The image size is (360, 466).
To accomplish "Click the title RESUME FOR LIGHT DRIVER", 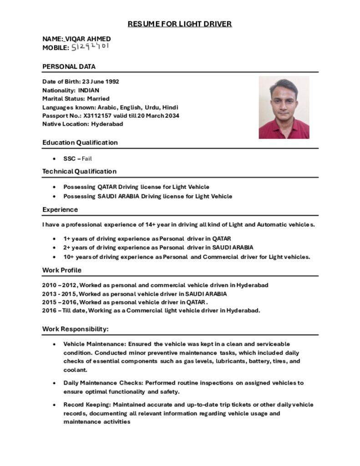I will pos(179,24).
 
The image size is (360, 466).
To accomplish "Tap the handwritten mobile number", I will pos(90,47).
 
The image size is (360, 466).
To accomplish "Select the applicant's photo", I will pos(284,107).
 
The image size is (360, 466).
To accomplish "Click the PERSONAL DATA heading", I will pos(69,66).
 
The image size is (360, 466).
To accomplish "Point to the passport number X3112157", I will pos(97,116).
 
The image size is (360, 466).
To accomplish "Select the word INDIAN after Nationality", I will pos(88,90).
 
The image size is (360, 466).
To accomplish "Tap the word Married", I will pos(98,98).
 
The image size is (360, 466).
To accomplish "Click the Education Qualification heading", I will pos(80,142).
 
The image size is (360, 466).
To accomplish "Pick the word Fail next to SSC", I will pos(86,159).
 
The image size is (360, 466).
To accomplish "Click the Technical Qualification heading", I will pos(79,171).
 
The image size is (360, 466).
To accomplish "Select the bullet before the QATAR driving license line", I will pos(55,187).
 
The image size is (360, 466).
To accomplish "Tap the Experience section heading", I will pos(60,209).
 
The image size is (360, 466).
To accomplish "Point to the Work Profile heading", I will pos(62,270).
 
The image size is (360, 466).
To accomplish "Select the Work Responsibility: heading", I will pos(76,329).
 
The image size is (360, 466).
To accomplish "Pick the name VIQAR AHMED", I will pos(87,39).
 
